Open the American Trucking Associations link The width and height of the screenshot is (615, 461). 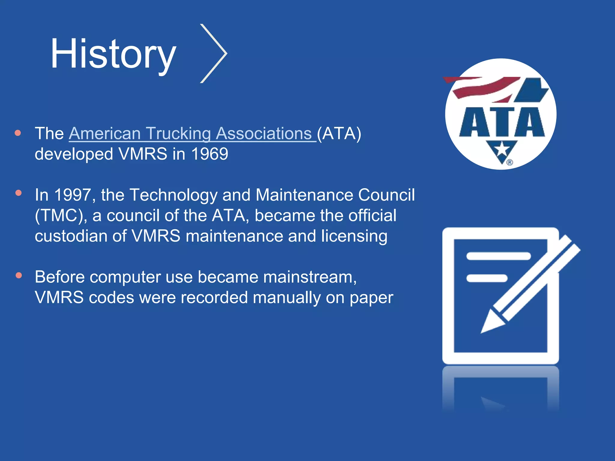(192, 134)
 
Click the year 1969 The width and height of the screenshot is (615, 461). (210, 154)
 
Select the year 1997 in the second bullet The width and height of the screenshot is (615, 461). (73, 195)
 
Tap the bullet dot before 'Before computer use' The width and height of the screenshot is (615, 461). (19, 276)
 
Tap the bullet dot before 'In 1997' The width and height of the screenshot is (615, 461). (19, 193)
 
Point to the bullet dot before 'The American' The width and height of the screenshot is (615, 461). (18, 133)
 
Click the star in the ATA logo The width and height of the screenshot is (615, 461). (502, 149)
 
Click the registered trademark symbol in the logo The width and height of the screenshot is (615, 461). (510, 162)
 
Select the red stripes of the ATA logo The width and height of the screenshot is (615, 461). (480, 87)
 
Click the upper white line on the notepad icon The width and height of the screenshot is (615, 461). (498, 256)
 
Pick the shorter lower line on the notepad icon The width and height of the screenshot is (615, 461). (487, 278)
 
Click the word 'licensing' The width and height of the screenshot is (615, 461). (354, 236)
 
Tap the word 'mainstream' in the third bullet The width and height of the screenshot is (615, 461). (309, 277)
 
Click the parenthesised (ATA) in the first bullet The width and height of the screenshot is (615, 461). (339, 134)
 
